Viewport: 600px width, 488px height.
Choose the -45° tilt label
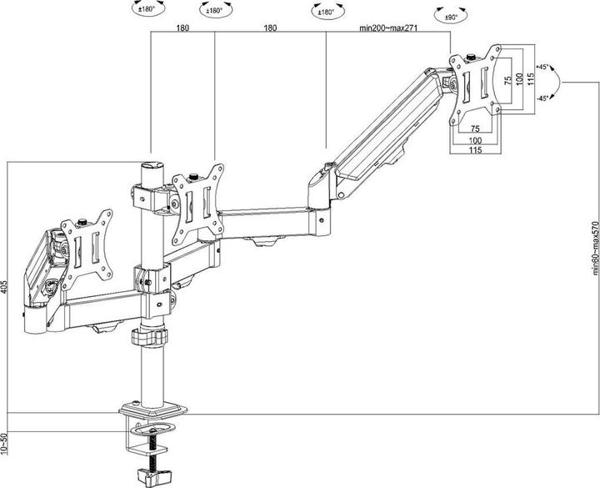tap(542, 98)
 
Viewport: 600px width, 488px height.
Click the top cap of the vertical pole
tap(150, 167)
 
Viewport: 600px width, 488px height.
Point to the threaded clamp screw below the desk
tap(153, 450)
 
